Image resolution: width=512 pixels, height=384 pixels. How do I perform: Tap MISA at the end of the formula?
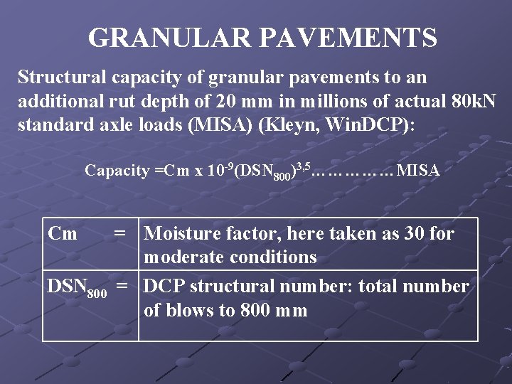(x=419, y=171)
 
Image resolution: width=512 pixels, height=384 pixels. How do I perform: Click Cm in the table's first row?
(x=62, y=233)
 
